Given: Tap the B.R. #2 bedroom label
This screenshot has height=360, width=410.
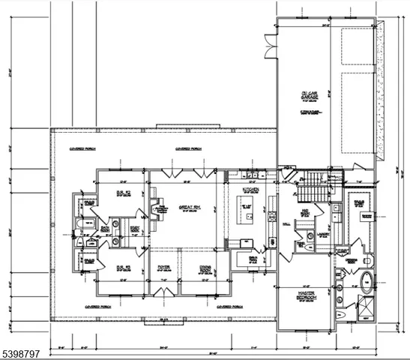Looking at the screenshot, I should [x=119, y=193].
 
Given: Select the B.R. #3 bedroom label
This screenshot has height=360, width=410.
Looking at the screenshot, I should [x=119, y=267].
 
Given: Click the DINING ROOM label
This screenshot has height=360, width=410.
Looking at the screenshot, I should [x=203, y=268].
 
